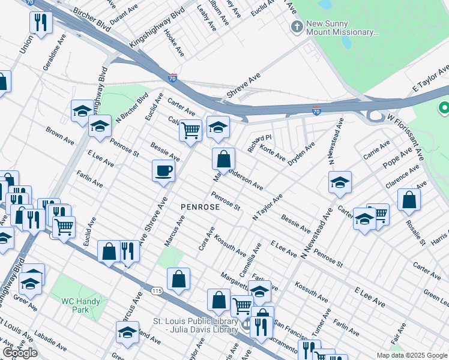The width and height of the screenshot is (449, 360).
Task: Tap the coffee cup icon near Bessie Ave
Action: [163, 171]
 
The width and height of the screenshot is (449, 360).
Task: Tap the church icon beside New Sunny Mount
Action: [296, 26]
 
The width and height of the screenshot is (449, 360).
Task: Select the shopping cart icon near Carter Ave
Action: [190, 129]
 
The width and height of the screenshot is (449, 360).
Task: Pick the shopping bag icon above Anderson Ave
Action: [223, 159]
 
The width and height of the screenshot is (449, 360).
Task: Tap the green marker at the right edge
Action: [444, 108]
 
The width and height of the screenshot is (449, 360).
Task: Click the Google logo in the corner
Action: [20, 353]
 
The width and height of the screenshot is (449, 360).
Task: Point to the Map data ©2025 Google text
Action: [412, 355]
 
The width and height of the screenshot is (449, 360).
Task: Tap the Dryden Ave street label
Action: [301, 154]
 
